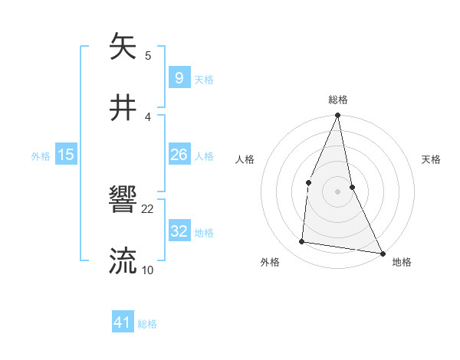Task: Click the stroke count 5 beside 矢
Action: pyautogui.click(x=148, y=56)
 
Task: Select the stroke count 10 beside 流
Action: pyautogui.click(x=148, y=270)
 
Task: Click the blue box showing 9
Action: pyautogui.click(x=179, y=78)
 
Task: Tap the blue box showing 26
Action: pyautogui.click(x=179, y=155)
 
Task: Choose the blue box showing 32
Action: pyautogui.click(x=179, y=231)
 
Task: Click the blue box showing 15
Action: pyautogui.click(x=66, y=155)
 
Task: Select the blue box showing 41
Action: pyautogui.click(x=123, y=322)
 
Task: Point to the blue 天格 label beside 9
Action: pyautogui.click(x=204, y=79)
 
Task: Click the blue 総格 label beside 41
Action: pyautogui.click(x=147, y=323)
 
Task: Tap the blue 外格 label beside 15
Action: pyautogui.click(x=41, y=155)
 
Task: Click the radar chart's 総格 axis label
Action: pyautogui.click(x=338, y=100)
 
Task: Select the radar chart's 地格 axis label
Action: pyautogui.click(x=402, y=262)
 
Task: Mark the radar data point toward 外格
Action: pyautogui.click(x=302, y=242)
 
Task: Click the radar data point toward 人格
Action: pyautogui.click(x=308, y=182)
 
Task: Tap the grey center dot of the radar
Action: pyautogui.click(x=338, y=191)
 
